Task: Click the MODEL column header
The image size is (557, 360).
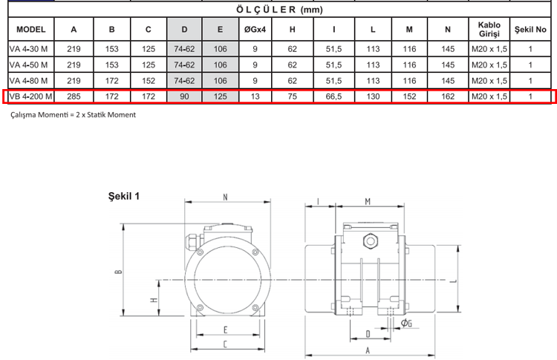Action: [x=31, y=30]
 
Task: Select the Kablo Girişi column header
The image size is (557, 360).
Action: [x=489, y=30]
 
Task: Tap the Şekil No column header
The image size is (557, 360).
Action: [x=530, y=30]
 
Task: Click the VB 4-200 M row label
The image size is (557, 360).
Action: [x=31, y=96]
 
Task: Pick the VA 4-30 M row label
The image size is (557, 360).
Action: [x=28, y=49]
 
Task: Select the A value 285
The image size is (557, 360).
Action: [x=74, y=96]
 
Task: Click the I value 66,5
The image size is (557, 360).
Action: [x=333, y=96]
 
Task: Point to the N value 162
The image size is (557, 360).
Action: [x=448, y=96]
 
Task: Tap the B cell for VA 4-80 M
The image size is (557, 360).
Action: [x=111, y=81]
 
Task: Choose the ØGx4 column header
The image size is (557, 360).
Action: [x=255, y=30]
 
